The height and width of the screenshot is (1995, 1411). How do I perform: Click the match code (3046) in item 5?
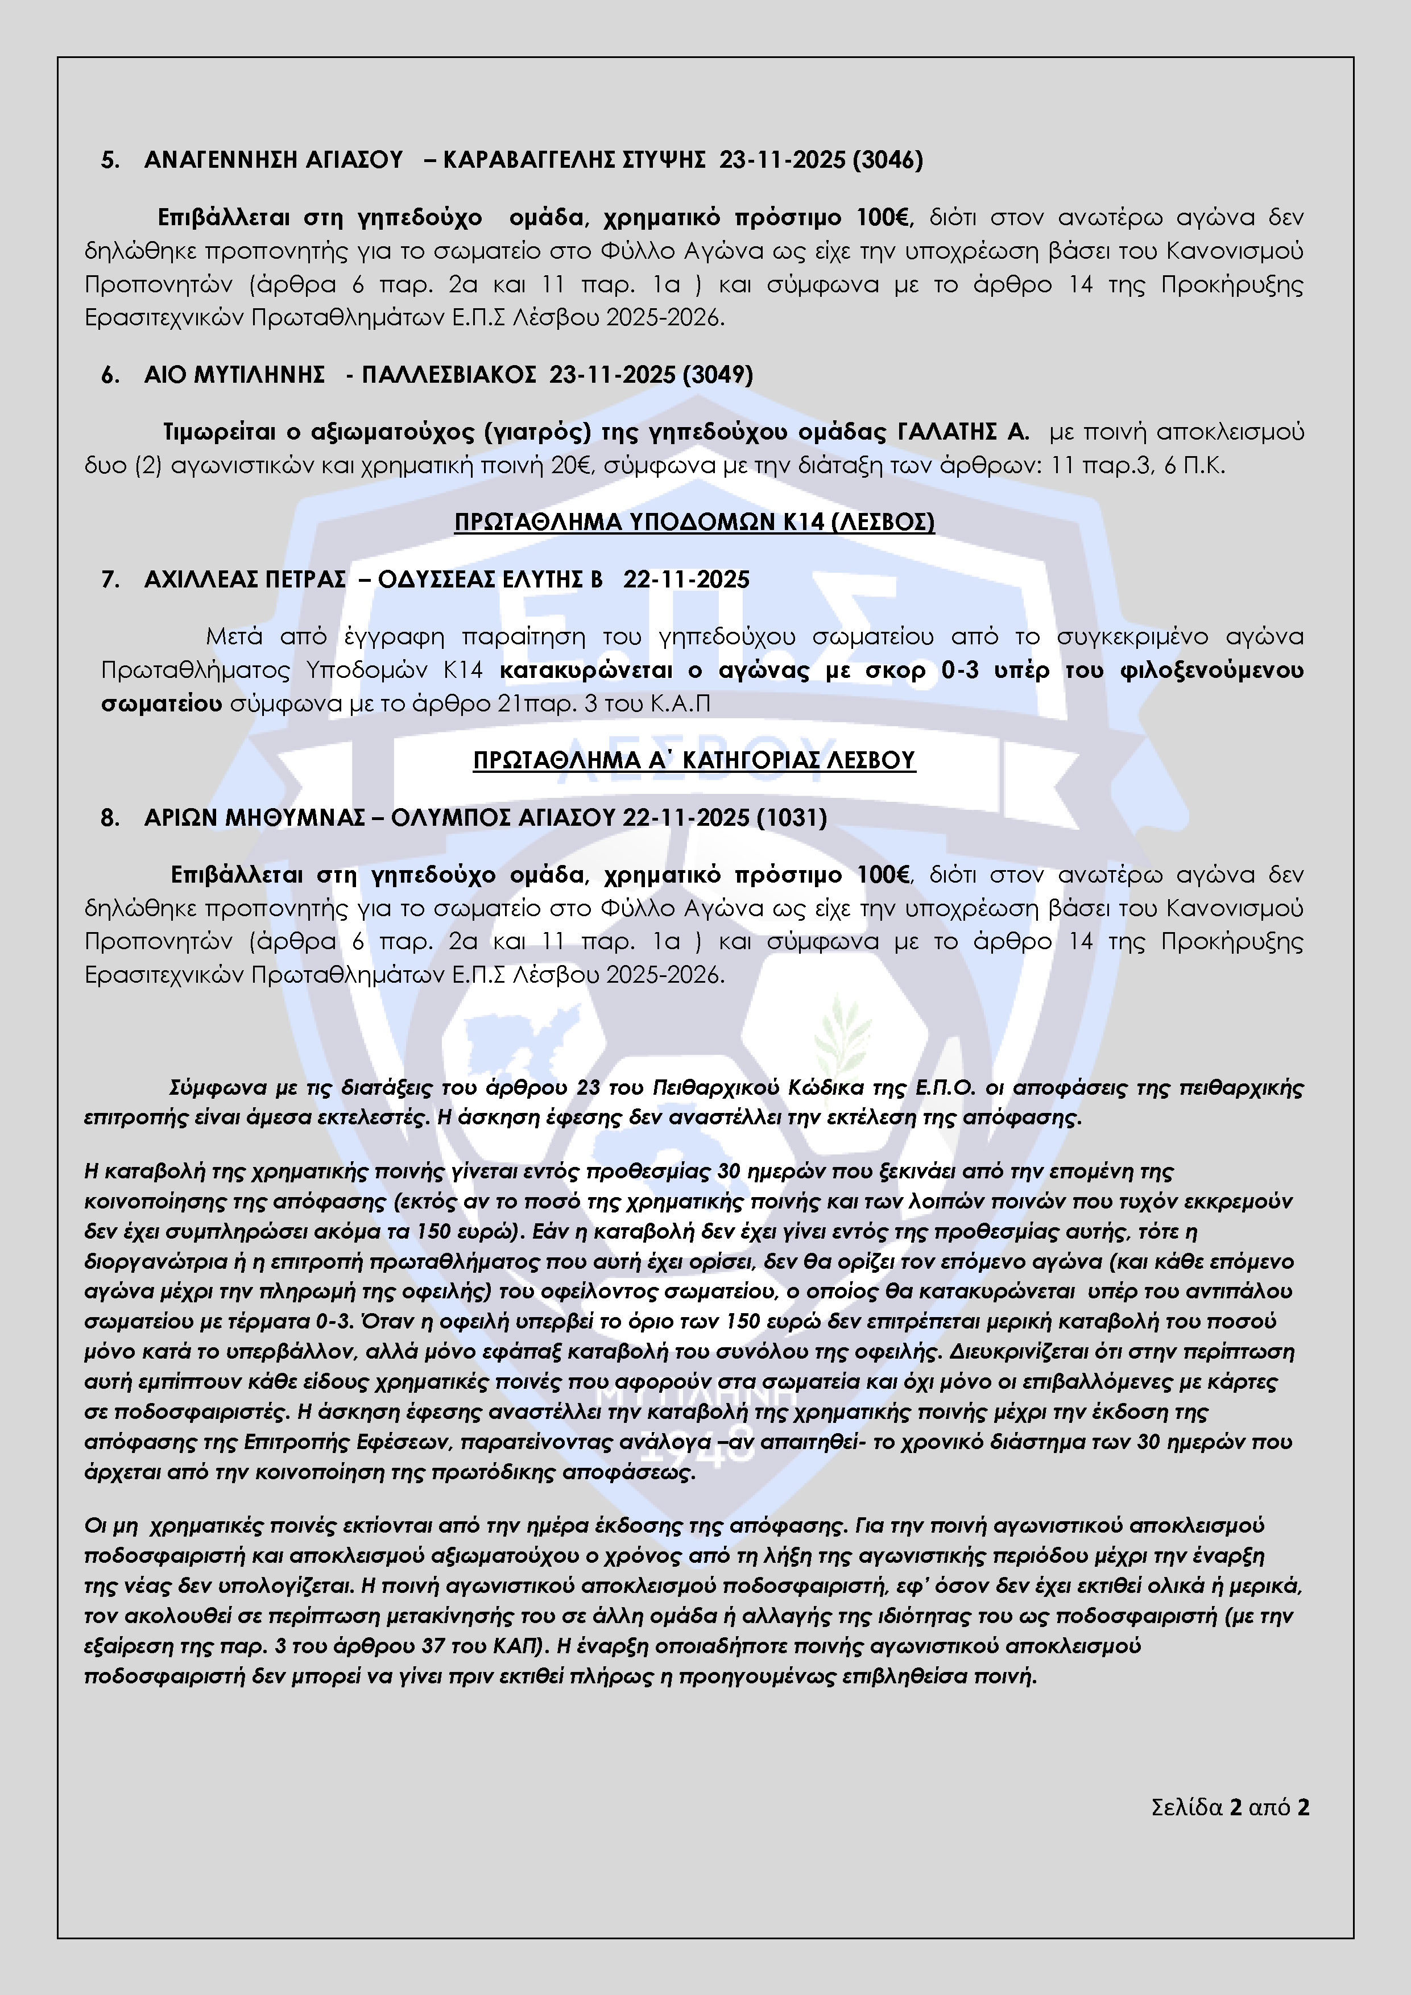887,160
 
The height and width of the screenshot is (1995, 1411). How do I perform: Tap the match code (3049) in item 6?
718,375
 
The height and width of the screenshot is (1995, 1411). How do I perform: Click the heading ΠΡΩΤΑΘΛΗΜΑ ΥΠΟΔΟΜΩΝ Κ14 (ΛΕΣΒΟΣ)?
694,522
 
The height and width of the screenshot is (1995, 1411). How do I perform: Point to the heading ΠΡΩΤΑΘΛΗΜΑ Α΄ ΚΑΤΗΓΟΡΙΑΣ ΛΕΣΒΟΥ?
694,760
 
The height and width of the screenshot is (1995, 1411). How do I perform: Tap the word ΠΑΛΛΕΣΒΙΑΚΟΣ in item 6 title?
448,375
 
